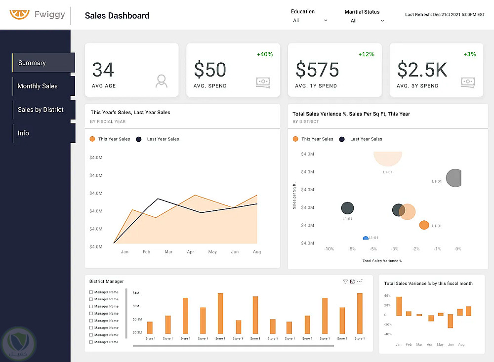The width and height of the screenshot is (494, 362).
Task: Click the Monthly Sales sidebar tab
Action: [38, 86]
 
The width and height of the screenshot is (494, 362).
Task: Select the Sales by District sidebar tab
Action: [41, 110]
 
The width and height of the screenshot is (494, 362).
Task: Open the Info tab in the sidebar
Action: [23, 133]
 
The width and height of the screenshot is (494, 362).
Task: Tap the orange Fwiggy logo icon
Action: [19, 14]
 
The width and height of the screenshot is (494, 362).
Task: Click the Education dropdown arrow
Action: [326, 21]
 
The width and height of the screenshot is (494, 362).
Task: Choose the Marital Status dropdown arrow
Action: [382, 21]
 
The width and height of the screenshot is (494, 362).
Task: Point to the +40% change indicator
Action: [265, 54]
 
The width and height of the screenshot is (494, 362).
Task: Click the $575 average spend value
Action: [317, 70]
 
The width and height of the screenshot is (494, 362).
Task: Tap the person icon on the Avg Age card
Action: [161, 81]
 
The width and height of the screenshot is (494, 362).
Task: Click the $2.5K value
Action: [422, 70]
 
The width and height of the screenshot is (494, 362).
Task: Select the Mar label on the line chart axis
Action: [168, 252]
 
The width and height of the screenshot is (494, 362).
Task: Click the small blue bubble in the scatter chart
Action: [366, 238]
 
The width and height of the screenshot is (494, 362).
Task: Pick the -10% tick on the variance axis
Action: [329, 249]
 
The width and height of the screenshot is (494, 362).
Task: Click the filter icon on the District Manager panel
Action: [345, 282]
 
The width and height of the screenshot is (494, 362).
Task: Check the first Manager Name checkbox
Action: [91, 292]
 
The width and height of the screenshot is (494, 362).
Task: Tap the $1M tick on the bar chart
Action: [136, 293]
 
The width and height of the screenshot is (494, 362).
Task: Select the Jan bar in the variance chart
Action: [399, 306]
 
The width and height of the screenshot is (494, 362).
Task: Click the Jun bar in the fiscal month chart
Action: [450, 321]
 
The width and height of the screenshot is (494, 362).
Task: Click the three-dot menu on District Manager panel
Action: [360, 282]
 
